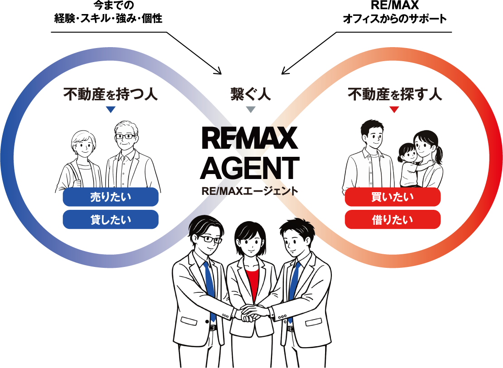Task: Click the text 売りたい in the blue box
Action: (x=110, y=198)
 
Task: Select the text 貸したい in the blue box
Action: (x=110, y=220)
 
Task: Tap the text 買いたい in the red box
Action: (x=393, y=198)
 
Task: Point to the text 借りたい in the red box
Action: (x=393, y=220)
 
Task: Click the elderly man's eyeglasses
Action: (x=125, y=136)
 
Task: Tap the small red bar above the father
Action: (x=419, y=111)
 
